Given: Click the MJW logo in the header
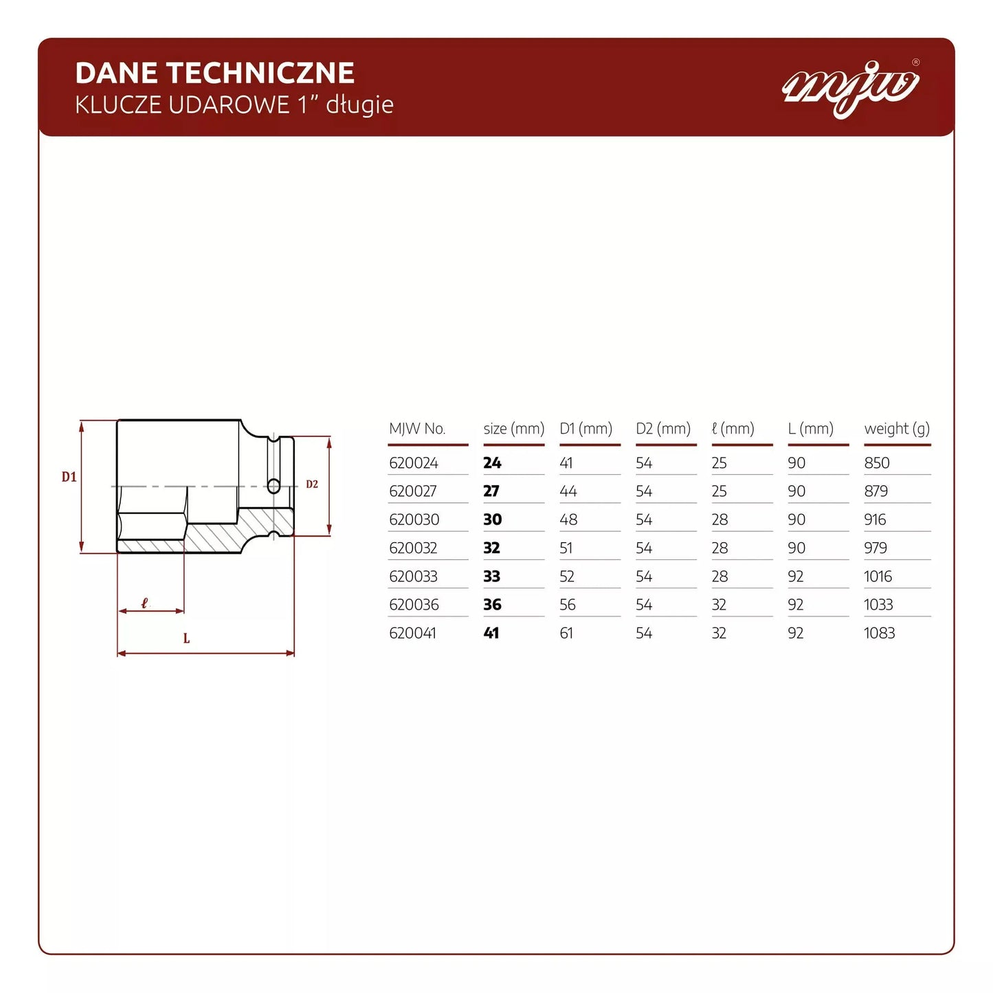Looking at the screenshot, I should (851, 88).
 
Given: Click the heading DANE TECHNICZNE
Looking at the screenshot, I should (214, 73).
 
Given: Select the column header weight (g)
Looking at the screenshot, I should (897, 429).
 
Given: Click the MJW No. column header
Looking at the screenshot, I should (417, 429).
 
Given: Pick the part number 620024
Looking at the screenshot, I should (414, 463).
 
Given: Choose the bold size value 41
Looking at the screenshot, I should (491, 633).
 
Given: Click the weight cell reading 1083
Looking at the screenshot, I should (879, 633).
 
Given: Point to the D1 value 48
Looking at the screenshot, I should (568, 520).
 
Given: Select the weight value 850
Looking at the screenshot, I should (877, 463).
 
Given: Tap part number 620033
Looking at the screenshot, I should (414, 577).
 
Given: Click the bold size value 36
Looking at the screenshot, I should (492, 605).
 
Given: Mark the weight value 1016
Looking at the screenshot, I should (878, 577).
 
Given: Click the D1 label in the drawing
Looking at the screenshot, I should (69, 477).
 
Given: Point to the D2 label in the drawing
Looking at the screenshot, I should (312, 484).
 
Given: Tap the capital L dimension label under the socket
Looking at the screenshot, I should (186, 638).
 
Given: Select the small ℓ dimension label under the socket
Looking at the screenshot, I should (144, 603).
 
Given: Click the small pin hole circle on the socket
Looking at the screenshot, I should (274, 487).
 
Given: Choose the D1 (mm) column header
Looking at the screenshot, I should (585, 429).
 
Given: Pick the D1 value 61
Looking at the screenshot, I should (566, 633).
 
